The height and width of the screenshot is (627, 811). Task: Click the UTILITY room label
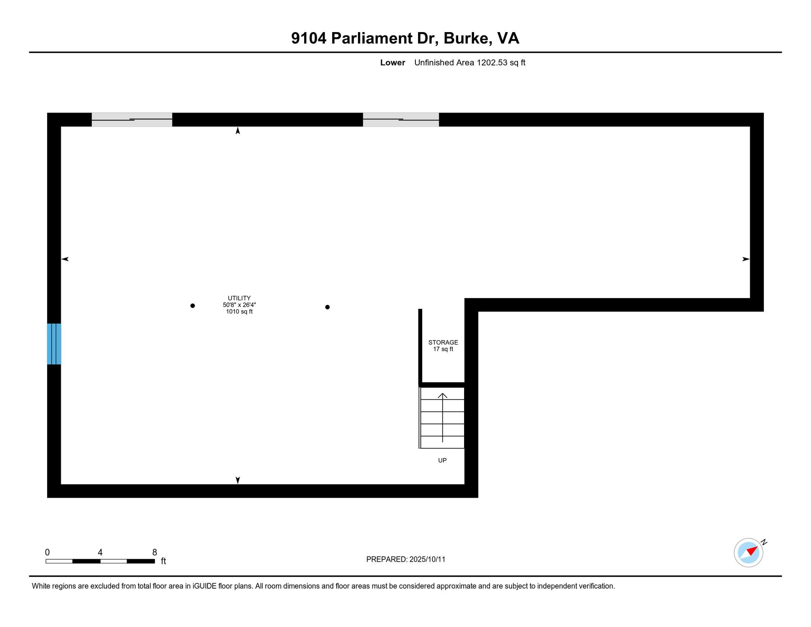(239, 298)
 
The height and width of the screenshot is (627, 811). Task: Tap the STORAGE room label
(443, 342)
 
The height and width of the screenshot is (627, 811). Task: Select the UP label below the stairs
(442, 460)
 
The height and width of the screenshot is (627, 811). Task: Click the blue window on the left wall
(54, 344)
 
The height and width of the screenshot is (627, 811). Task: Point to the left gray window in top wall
(132, 120)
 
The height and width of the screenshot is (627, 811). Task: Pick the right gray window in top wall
(401, 120)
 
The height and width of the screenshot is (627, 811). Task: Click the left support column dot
(192, 306)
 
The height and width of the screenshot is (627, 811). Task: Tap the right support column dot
(327, 307)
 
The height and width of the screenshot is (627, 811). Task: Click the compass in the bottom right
(748, 552)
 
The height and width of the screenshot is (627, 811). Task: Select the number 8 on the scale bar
(154, 552)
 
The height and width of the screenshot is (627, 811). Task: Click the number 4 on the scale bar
(100, 552)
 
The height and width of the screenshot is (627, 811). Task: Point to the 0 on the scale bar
(48, 552)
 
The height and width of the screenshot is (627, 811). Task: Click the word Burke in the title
(466, 38)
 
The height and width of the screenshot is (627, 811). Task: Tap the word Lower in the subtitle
(392, 63)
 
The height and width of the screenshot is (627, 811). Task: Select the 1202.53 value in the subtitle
(492, 63)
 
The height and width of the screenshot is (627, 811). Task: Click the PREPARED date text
(406, 559)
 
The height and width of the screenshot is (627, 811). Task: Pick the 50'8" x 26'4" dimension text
(239, 305)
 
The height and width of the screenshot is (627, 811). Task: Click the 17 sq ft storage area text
(443, 349)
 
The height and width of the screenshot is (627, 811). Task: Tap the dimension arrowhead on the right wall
(746, 259)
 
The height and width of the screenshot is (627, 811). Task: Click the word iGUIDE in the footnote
(205, 586)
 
